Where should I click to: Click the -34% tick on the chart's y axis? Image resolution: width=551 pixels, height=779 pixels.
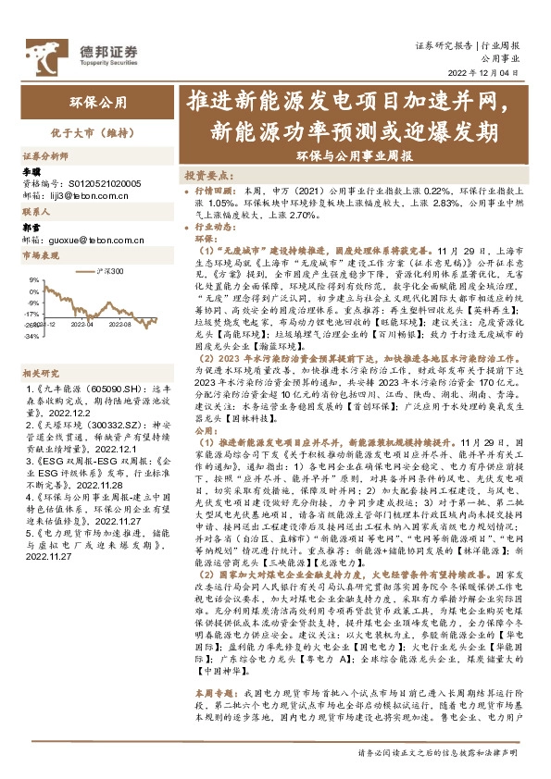coord(32,337)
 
